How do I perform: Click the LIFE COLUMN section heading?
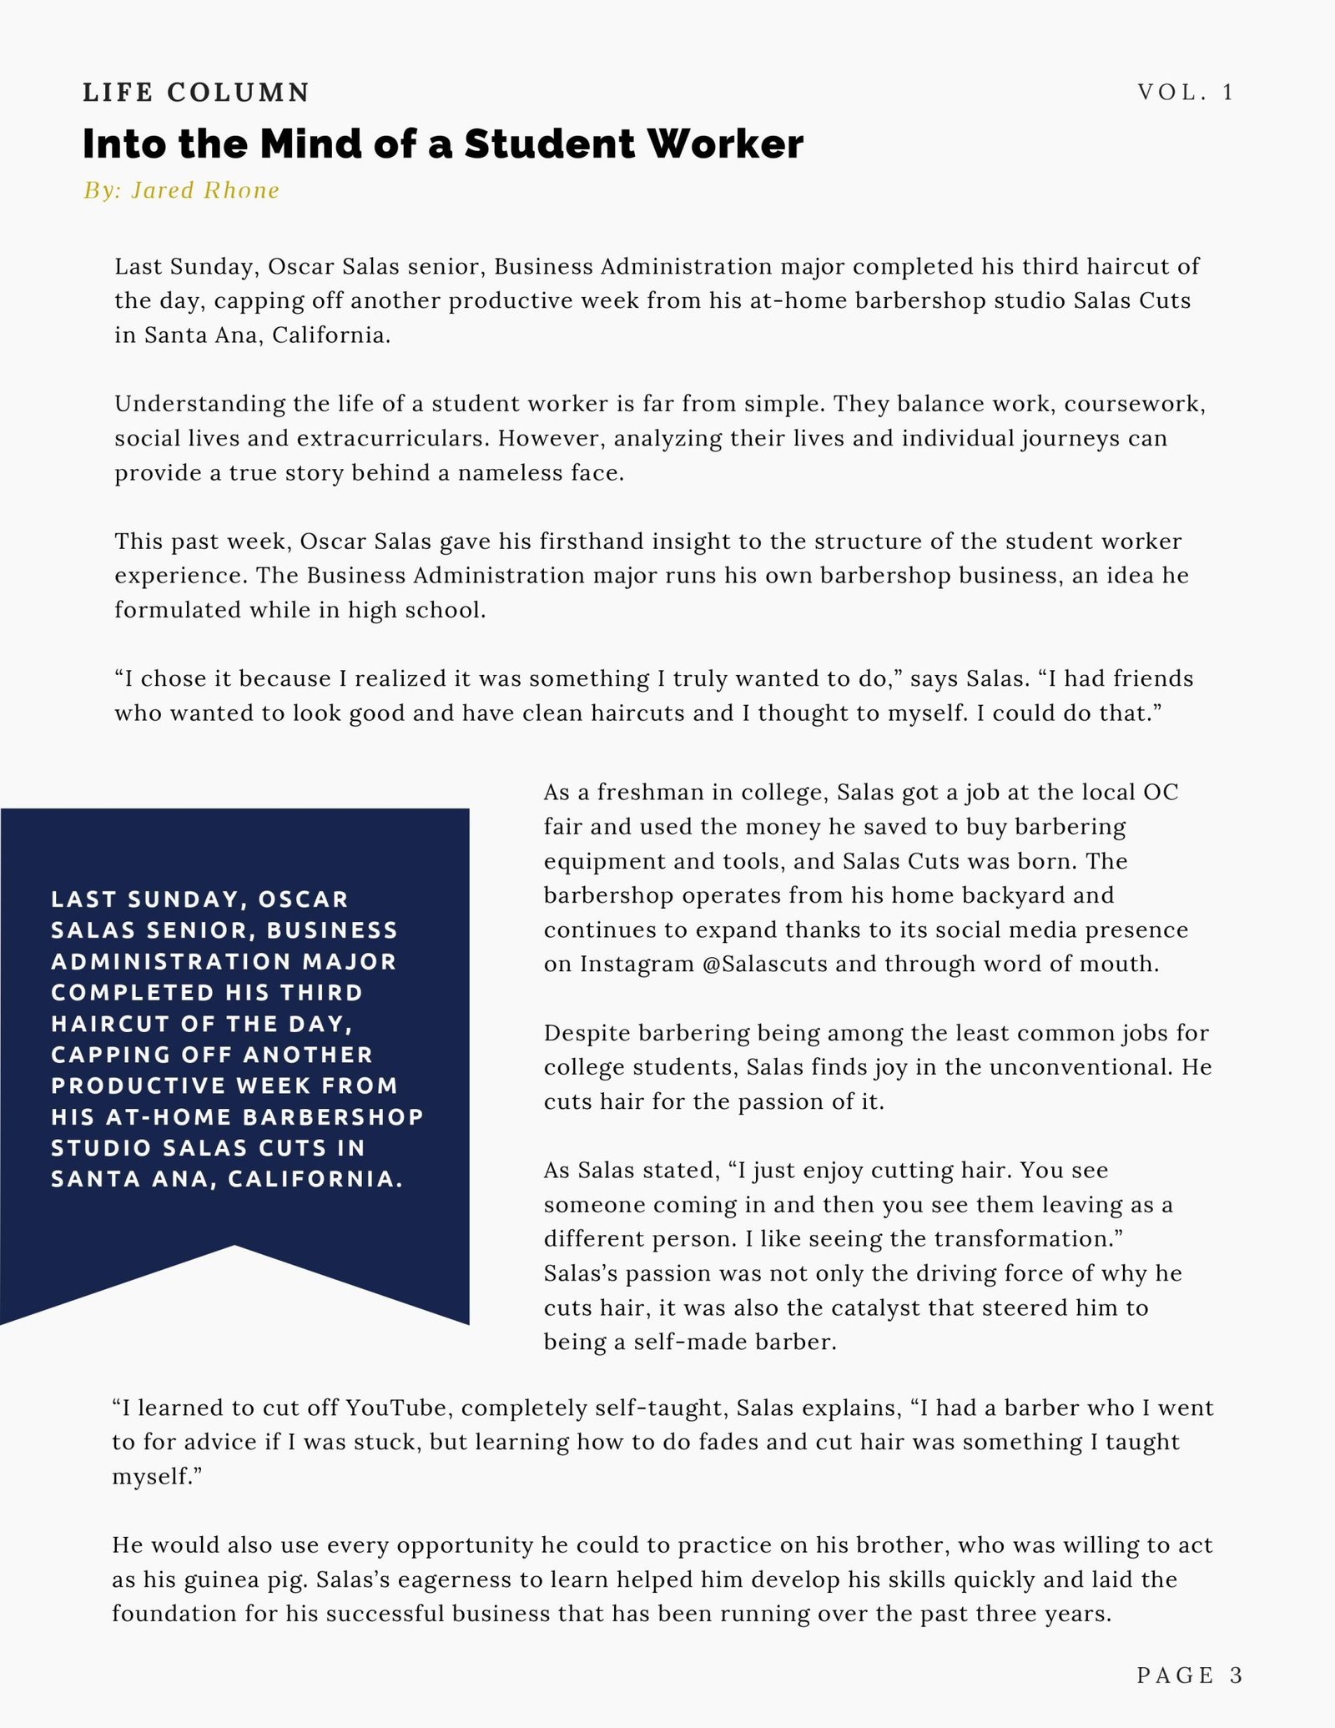(196, 93)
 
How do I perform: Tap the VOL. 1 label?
(1186, 93)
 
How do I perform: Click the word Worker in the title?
(725, 144)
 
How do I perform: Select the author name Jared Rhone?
(205, 191)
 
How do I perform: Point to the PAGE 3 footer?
(1190, 1675)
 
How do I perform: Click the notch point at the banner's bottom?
(234, 1247)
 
